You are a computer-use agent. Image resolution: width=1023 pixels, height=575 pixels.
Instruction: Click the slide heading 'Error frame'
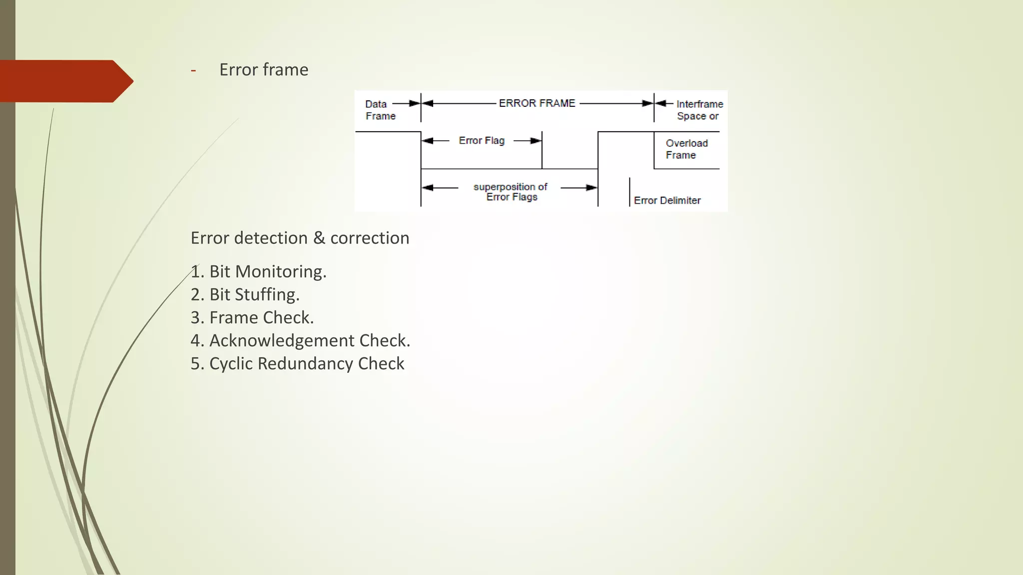(264, 70)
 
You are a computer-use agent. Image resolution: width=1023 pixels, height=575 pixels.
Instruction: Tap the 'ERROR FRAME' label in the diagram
(537, 103)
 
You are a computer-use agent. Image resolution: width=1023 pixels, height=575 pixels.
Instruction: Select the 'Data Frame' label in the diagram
(380, 110)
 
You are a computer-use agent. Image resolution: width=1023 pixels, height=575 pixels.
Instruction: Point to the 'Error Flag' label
(482, 141)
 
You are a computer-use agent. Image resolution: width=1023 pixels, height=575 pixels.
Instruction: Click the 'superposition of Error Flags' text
(511, 192)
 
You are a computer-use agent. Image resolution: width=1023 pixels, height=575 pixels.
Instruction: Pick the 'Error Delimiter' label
(667, 201)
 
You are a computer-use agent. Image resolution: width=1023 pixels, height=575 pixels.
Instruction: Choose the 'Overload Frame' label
(686, 149)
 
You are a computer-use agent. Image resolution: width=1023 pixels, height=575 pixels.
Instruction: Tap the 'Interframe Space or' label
(699, 110)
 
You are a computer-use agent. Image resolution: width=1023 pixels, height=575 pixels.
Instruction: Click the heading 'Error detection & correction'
(300, 238)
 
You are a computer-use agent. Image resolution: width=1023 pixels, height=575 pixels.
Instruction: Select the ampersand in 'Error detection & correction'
(319, 238)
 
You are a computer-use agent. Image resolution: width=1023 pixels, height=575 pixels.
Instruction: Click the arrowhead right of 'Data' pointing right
(415, 103)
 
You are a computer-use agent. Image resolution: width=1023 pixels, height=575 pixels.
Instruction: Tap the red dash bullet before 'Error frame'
(193, 70)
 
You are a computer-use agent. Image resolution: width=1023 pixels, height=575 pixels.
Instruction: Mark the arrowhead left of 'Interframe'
(661, 103)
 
